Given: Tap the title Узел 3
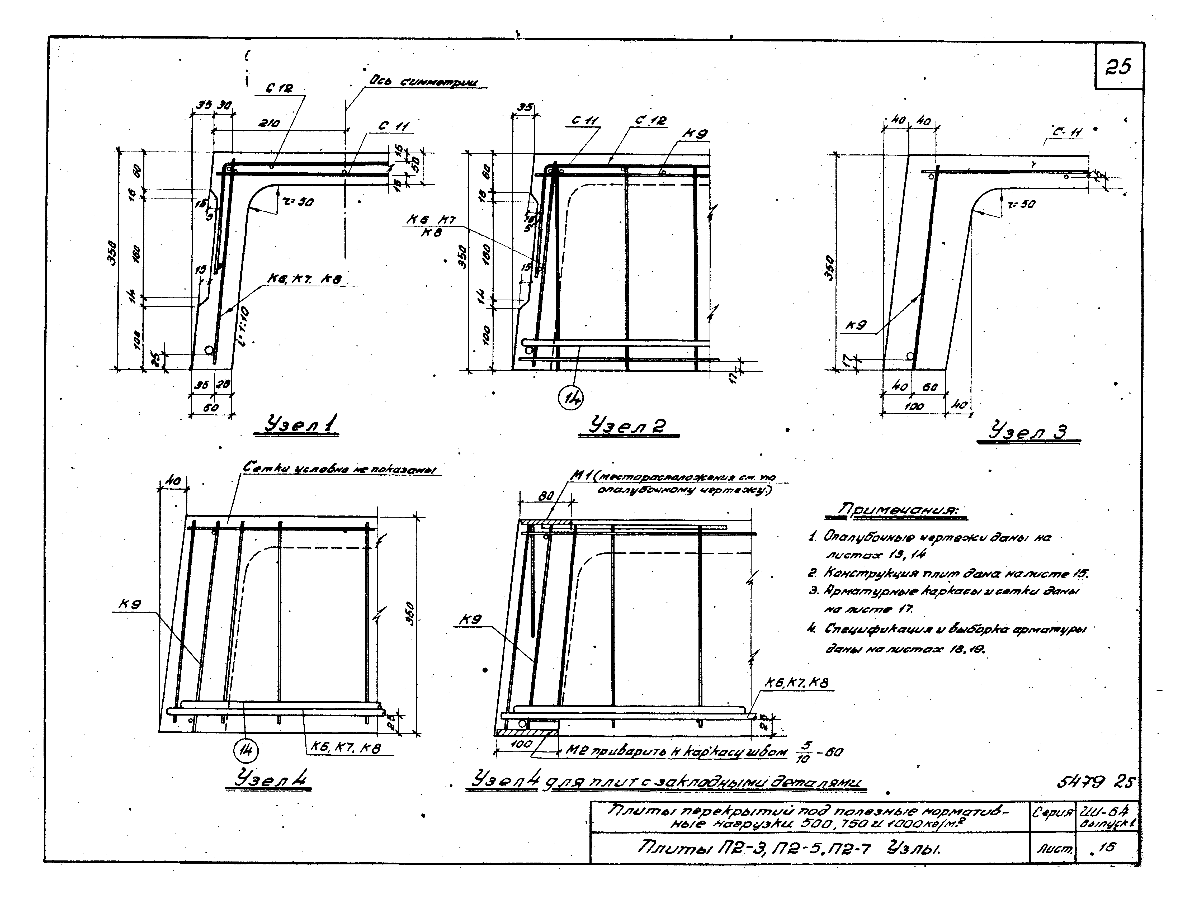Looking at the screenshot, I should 1028,432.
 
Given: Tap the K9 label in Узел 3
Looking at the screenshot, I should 856,325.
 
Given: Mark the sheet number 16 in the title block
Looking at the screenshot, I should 1107,848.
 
